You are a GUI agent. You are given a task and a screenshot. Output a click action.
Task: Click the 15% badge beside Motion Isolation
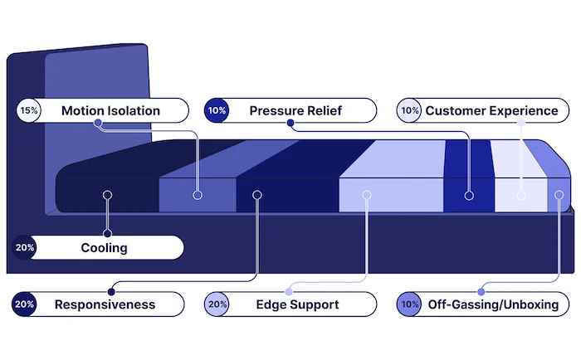[x=28, y=110]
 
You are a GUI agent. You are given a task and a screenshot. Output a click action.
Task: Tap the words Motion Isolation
[x=110, y=110]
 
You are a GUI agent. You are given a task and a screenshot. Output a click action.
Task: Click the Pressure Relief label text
[x=295, y=110]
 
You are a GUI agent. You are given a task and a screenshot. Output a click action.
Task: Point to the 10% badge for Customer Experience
[x=409, y=110]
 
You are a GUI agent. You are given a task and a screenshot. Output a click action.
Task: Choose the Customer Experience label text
[x=491, y=110]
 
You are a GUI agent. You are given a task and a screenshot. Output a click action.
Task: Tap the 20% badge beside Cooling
[x=24, y=247]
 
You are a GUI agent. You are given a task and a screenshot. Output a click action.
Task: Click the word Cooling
[x=104, y=247]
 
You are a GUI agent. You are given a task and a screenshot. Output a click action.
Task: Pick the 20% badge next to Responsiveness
[x=24, y=304]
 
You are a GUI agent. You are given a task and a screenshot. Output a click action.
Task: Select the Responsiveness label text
[x=105, y=304]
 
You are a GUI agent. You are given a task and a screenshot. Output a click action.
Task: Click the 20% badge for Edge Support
[x=217, y=304]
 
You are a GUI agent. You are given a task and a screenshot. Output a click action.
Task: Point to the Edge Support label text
[x=297, y=304]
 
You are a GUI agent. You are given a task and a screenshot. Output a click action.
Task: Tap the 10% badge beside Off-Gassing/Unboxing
[x=409, y=304]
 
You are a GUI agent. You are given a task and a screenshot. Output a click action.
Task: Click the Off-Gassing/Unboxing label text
[x=492, y=304]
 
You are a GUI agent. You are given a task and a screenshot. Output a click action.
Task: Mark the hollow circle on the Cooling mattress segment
[x=106, y=195]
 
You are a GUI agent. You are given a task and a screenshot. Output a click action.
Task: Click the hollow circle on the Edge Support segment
[x=365, y=195]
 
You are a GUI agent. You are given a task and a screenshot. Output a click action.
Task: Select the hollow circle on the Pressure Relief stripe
[x=469, y=195]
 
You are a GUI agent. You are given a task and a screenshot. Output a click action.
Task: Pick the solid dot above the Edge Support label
[x=289, y=291]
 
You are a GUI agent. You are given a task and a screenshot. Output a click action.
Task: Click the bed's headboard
[x=95, y=83]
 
